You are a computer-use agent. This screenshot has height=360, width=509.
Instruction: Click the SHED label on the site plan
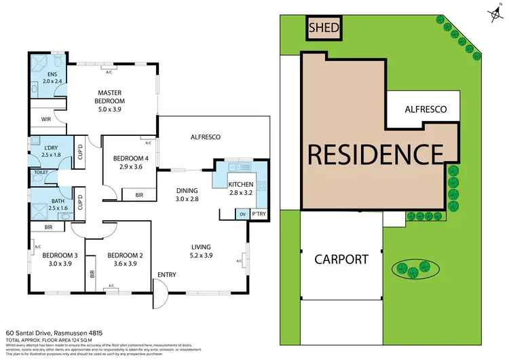click(324, 29)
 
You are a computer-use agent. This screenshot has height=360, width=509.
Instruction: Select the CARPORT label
click(341, 259)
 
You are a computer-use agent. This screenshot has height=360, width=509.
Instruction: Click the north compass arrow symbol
click(491, 12)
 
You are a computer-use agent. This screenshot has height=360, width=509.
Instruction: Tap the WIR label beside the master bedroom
click(46, 120)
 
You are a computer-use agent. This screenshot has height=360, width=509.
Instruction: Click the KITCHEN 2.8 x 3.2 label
click(240, 188)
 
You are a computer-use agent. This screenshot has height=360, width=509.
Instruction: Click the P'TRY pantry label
click(259, 215)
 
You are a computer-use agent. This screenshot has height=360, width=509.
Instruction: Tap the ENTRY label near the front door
click(167, 274)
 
